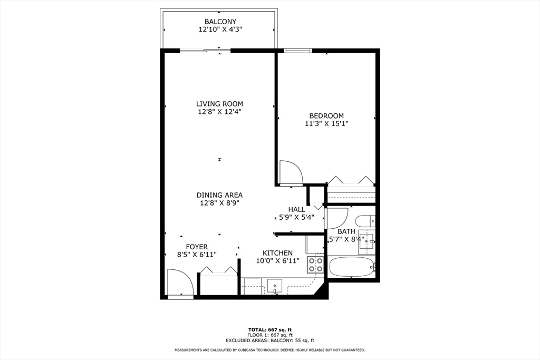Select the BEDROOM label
pyautogui.click(x=326, y=116)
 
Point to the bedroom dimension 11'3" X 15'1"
pyautogui.click(x=326, y=124)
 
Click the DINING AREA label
pyautogui.click(x=220, y=194)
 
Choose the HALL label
pyautogui.click(x=296, y=209)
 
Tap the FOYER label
pyautogui.click(x=197, y=247)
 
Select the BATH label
pyautogui.click(x=346, y=231)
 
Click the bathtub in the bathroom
pyautogui.click(x=352, y=267)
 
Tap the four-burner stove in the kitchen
pyautogui.click(x=316, y=264)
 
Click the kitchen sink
pyautogui.click(x=275, y=286)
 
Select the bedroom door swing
pyautogui.click(x=290, y=172)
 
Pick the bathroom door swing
pyautogui.click(x=336, y=218)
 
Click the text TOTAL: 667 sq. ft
pyautogui.click(x=269, y=330)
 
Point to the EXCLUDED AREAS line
pyautogui.click(x=269, y=340)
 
